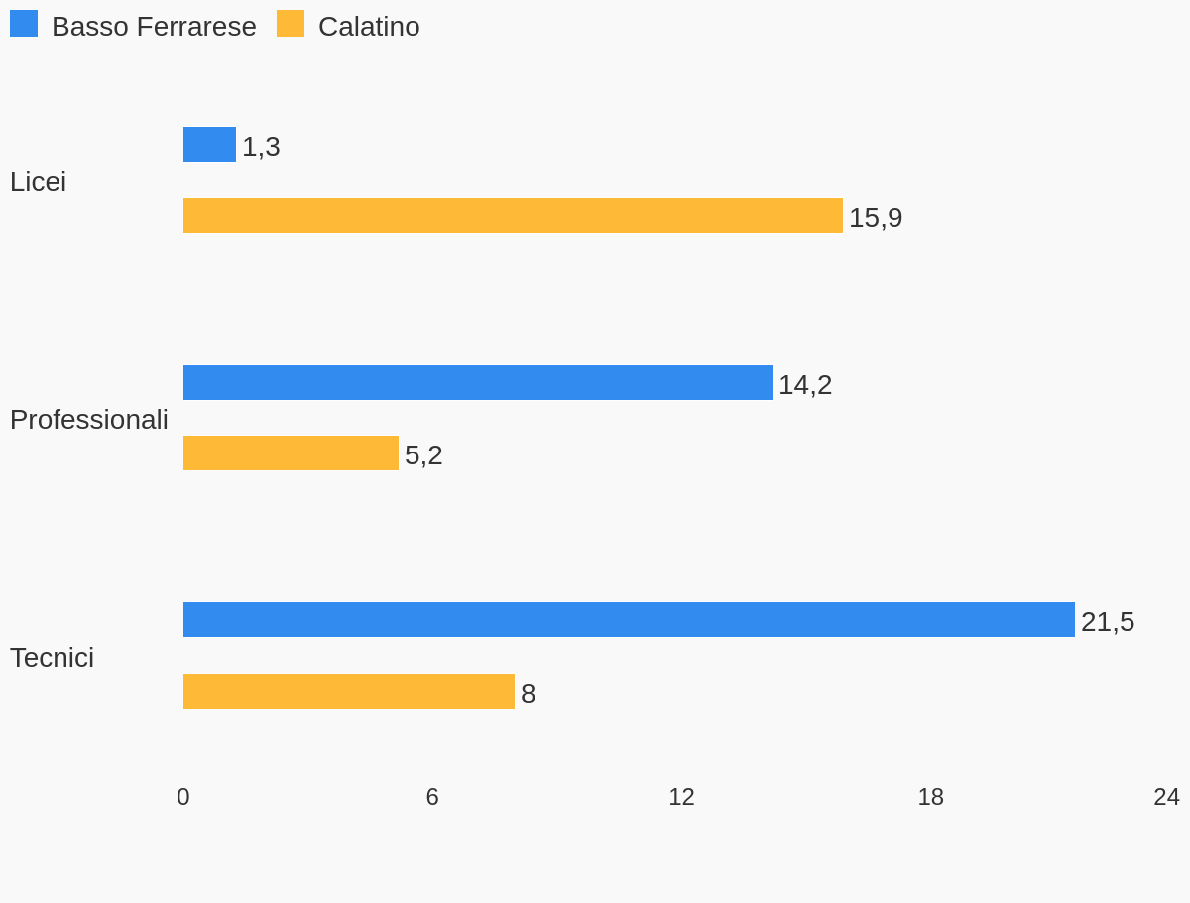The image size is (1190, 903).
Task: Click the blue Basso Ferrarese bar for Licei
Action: (x=209, y=145)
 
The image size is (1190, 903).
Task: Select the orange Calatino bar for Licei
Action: (x=513, y=216)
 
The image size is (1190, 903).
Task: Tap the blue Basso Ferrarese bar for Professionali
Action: (x=477, y=383)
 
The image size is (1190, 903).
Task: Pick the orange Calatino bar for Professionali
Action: (x=291, y=453)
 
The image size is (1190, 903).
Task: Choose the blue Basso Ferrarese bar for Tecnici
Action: (x=629, y=620)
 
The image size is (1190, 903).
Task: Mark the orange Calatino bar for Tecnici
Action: (x=348, y=692)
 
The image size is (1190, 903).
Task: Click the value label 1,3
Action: (x=261, y=147)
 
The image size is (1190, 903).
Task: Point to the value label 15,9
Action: (x=876, y=218)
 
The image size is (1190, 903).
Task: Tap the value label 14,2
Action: (x=805, y=385)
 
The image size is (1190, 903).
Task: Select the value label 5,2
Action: (x=423, y=455)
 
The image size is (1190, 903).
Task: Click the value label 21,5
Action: (x=1108, y=622)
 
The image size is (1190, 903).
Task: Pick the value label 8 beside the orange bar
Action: (x=529, y=694)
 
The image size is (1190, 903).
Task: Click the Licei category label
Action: (x=38, y=182)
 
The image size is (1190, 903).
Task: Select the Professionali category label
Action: (x=89, y=420)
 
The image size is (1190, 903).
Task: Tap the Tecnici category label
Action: (x=52, y=658)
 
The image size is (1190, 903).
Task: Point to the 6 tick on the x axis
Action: (x=432, y=797)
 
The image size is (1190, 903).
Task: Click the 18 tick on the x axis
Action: (x=930, y=797)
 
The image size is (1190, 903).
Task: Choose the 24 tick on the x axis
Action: (x=1166, y=797)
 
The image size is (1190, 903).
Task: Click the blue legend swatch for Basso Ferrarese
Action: (x=24, y=24)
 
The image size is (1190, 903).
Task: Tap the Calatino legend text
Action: (x=369, y=27)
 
